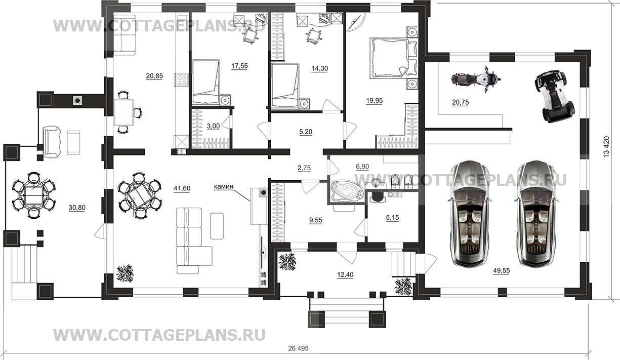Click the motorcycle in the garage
click(476, 78)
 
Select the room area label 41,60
click(182, 188)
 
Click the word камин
click(224, 187)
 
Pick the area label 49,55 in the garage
click(501, 270)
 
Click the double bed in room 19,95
click(393, 58)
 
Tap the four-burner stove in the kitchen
click(182, 79)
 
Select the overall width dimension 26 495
click(298, 348)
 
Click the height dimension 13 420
click(606, 147)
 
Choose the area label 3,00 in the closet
click(213, 126)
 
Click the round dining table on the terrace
click(33, 195)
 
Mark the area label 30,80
click(77, 208)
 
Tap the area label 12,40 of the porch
click(345, 275)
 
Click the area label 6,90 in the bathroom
click(362, 167)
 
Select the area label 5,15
click(392, 218)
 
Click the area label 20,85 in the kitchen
click(154, 76)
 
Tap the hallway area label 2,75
click(304, 168)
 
